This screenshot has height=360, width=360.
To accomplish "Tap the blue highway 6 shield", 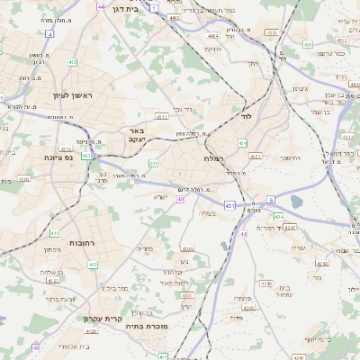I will [270, 200].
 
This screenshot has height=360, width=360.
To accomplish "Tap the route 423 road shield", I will [85, 155].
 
